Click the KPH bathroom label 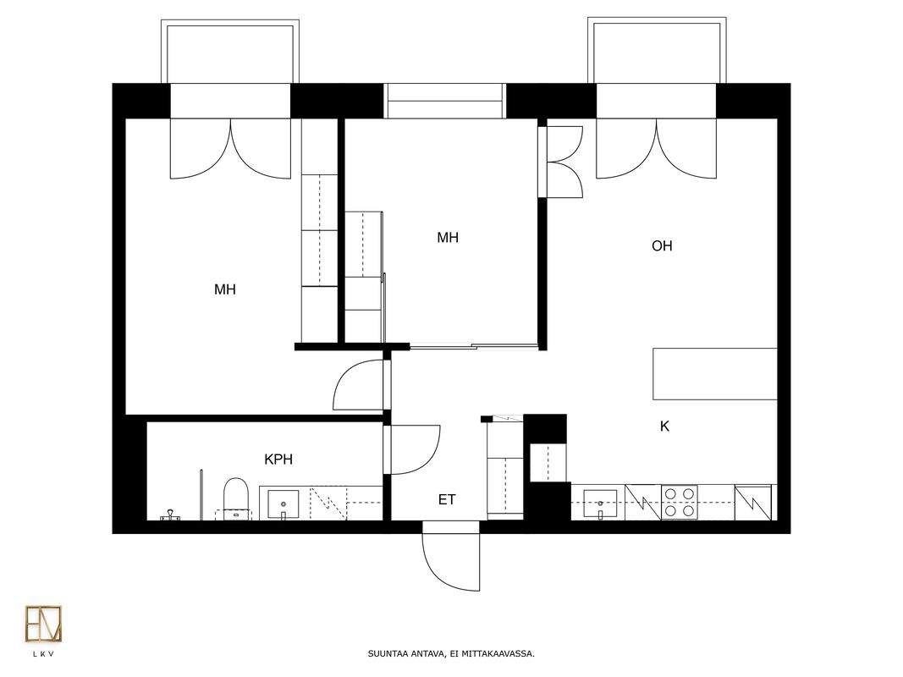[278, 460]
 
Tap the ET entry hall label [447, 499]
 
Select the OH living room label [662, 245]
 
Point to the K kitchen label [664, 426]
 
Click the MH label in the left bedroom [224, 289]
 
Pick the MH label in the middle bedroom [448, 237]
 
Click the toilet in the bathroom [235, 498]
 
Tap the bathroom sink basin [283, 504]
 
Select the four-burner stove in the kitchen [679, 503]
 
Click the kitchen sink [600, 504]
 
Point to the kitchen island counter [714, 373]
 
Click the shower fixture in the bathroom [170, 515]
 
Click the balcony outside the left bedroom [230, 52]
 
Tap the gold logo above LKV [43, 624]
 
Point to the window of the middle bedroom [444, 101]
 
